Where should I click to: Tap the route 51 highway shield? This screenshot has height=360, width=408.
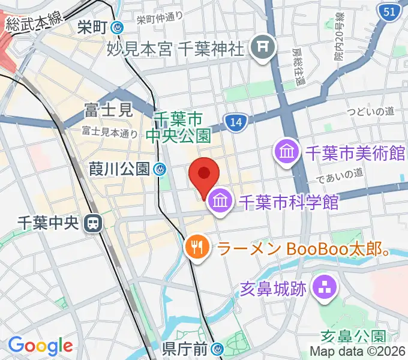coord(388,11)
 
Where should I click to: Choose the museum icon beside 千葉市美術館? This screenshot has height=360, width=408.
coord(287,151)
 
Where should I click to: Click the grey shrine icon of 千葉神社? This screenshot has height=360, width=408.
coord(262,46)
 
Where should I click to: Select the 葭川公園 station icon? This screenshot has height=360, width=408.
coord(160,170)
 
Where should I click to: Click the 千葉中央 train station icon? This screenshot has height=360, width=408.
coord(92,223)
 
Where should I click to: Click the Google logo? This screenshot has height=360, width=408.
coord(40,346)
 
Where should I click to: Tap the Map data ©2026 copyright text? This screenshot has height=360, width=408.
coord(358,351)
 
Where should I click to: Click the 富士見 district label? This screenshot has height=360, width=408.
coord(107,110)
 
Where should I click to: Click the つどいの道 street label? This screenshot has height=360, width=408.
coord(373,112)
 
